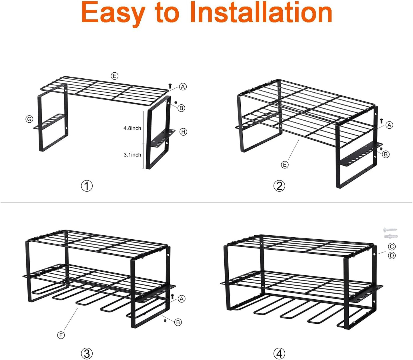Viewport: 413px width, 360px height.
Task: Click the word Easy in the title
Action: tap(113, 13)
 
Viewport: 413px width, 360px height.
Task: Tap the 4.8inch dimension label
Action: tap(132, 128)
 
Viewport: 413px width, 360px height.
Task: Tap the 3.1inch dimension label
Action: tap(132, 155)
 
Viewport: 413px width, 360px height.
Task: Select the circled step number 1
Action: tap(87, 186)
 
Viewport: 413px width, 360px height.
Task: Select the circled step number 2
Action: tap(279, 186)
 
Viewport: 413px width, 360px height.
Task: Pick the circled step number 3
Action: tap(87, 353)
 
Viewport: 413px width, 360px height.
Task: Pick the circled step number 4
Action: tap(279, 353)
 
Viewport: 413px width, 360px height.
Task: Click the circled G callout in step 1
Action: tap(29, 119)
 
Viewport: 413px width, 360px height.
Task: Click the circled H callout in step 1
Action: tap(183, 132)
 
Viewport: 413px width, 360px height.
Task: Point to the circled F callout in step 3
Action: tap(61, 335)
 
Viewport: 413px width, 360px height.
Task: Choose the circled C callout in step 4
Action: tap(392, 246)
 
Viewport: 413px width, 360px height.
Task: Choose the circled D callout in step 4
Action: tap(392, 255)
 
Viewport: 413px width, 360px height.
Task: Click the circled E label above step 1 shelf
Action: tap(114, 76)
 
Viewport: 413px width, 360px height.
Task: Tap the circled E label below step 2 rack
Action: tap(285, 165)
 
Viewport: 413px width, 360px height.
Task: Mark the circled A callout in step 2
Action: tap(389, 125)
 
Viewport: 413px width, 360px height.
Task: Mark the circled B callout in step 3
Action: tap(178, 322)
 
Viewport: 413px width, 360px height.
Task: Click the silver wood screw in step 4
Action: tap(390, 230)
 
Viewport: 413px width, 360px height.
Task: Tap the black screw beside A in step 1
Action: tap(170, 85)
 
